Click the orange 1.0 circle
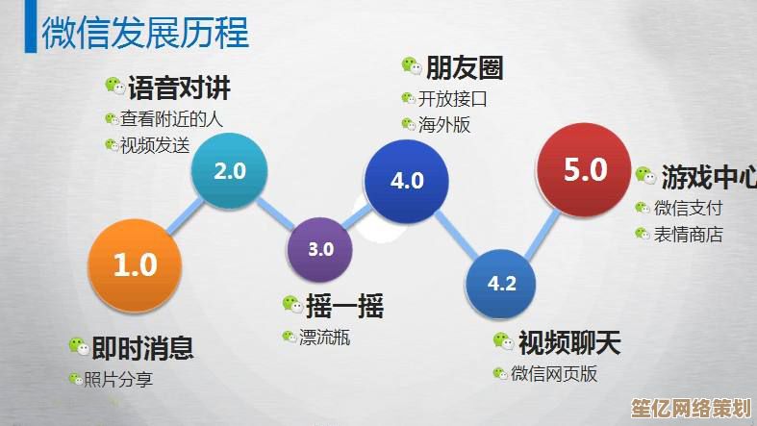(x=135, y=265)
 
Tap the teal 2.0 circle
(x=230, y=172)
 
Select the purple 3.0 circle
(x=320, y=249)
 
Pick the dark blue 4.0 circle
(x=407, y=180)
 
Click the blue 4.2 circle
(x=502, y=284)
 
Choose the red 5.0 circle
(x=585, y=171)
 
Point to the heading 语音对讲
(x=179, y=90)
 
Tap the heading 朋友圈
(x=466, y=68)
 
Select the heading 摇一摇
(x=345, y=307)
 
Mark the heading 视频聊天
(x=569, y=342)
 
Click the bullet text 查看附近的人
(x=171, y=120)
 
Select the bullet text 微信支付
(x=688, y=208)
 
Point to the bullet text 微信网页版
(x=554, y=374)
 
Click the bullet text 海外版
(x=444, y=124)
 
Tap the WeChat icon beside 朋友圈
(x=412, y=67)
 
